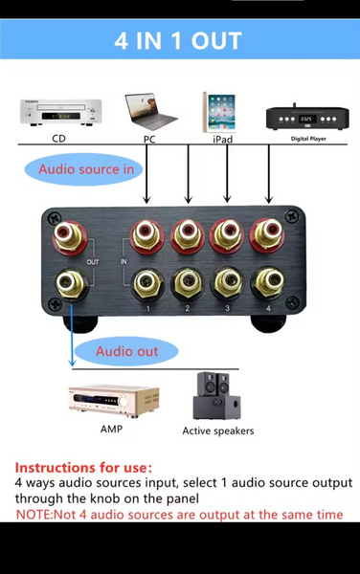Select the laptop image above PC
coord(151,112)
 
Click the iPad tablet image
coord(218,112)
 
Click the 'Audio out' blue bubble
coord(126,351)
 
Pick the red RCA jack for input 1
coord(146,234)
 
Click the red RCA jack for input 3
coord(225,234)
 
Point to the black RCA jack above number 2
coord(186,282)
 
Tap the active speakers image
coord(217,395)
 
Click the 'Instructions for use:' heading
coord(83,468)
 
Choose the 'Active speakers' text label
coord(218,430)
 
